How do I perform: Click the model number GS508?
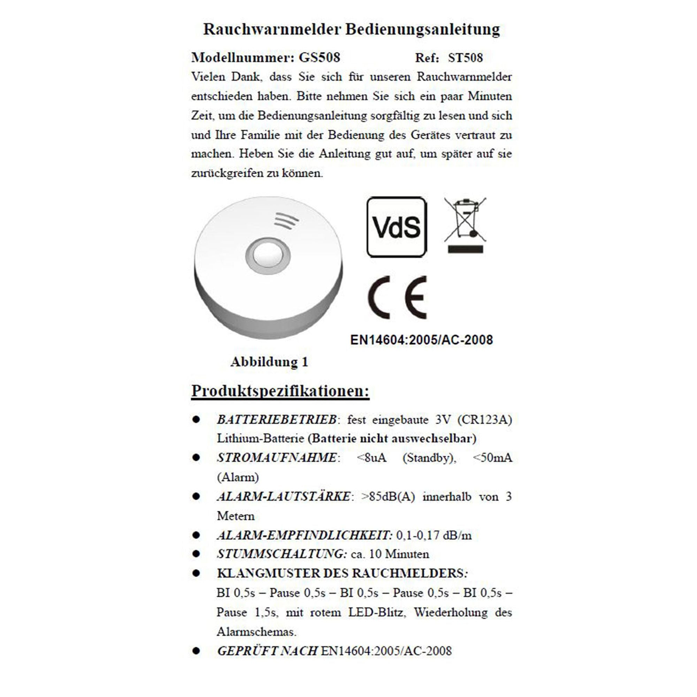click(319, 58)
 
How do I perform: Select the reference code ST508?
click(465, 58)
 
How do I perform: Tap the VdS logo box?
click(397, 227)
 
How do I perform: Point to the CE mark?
click(397, 297)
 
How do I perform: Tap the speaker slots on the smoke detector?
click(286, 221)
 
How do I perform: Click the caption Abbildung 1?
click(269, 362)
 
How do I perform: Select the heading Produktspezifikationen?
click(280, 391)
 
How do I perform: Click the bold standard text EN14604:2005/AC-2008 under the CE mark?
click(421, 340)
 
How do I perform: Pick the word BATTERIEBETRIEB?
click(277, 420)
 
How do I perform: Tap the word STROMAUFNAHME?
click(277, 458)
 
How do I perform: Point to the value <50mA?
click(492, 458)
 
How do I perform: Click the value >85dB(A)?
click(388, 496)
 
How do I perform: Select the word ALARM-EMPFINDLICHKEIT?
click(304, 535)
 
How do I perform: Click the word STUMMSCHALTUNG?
click(281, 554)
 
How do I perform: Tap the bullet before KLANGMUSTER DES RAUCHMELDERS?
click(196, 573)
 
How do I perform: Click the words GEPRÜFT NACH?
click(267, 651)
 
